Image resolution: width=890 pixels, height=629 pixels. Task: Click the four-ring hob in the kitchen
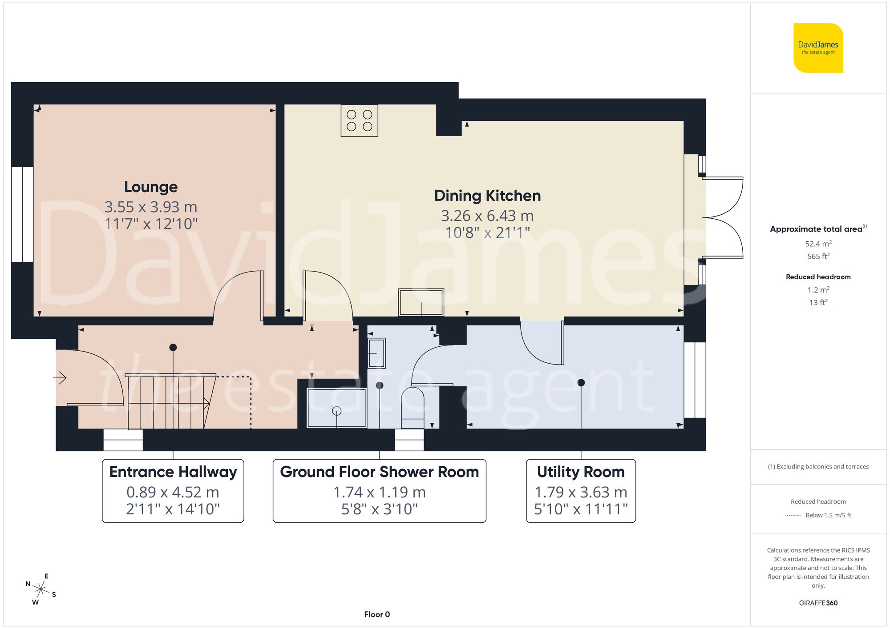(x=359, y=120)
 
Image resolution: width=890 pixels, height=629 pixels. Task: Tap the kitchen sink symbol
(x=421, y=302)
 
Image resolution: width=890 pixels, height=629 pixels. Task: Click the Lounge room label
(x=151, y=187)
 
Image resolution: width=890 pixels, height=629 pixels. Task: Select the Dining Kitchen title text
(x=487, y=196)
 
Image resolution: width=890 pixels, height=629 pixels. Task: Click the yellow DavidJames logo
(x=818, y=48)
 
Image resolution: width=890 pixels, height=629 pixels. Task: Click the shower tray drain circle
(x=337, y=411)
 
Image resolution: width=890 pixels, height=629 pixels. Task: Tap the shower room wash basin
(x=376, y=353)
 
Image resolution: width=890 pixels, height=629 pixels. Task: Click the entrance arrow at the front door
(x=60, y=378)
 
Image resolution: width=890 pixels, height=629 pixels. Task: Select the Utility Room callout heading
(x=580, y=472)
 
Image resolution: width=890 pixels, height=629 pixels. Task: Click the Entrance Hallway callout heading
(x=173, y=472)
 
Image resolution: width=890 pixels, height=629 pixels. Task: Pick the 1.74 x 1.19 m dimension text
(x=379, y=492)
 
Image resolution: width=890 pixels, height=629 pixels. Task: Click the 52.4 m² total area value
(x=818, y=244)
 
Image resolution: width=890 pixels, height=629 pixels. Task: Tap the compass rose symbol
(x=41, y=590)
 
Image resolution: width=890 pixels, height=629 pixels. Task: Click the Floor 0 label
(x=376, y=614)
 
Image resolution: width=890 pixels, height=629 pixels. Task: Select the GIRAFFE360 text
(x=818, y=603)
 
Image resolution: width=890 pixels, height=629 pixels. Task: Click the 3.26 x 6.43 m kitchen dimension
(x=487, y=216)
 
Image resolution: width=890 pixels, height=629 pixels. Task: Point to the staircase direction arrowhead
(x=207, y=404)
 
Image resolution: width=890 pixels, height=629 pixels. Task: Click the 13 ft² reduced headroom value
(x=818, y=302)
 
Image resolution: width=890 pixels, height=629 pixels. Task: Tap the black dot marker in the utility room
(x=581, y=383)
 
